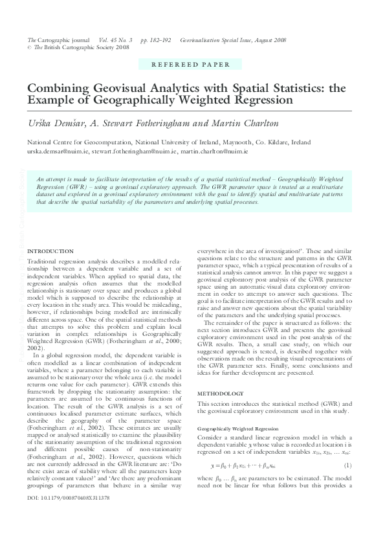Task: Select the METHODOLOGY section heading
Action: click(221, 394)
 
